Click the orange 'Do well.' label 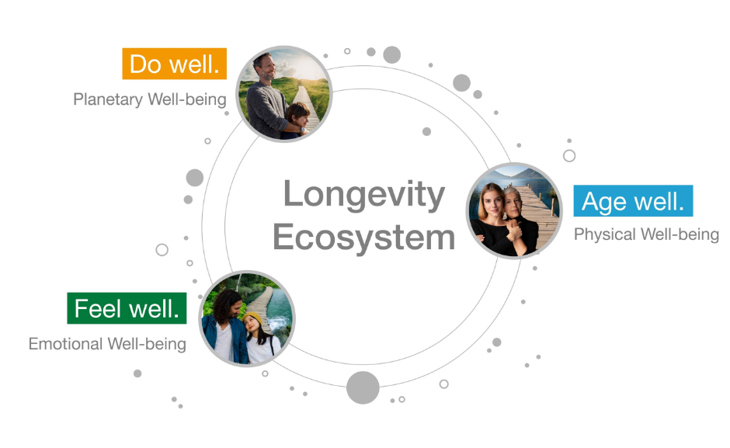(175, 64)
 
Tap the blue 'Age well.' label (633, 201)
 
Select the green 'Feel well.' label (127, 308)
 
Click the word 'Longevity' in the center (364, 195)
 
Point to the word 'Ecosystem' (363, 237)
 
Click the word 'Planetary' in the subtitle (108, 99)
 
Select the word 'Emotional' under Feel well (65, 344)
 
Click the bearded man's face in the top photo (266, 68)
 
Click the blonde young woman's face (492, 200)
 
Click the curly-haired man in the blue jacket (227, 327)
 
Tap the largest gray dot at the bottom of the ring (363, 387)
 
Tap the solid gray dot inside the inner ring (426, 131)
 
